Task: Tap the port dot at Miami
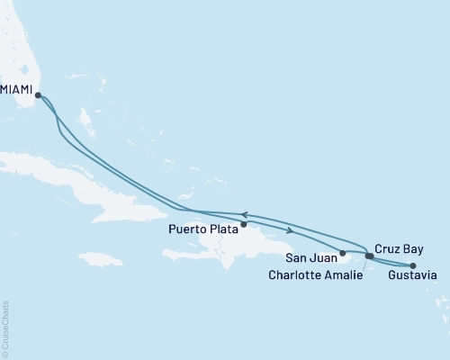(38, 94)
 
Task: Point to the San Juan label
(311, 256)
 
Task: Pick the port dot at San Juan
(343, 252)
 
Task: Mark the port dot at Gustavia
(412, 265)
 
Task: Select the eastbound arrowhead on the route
(289, 231)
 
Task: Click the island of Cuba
(90, 180)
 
